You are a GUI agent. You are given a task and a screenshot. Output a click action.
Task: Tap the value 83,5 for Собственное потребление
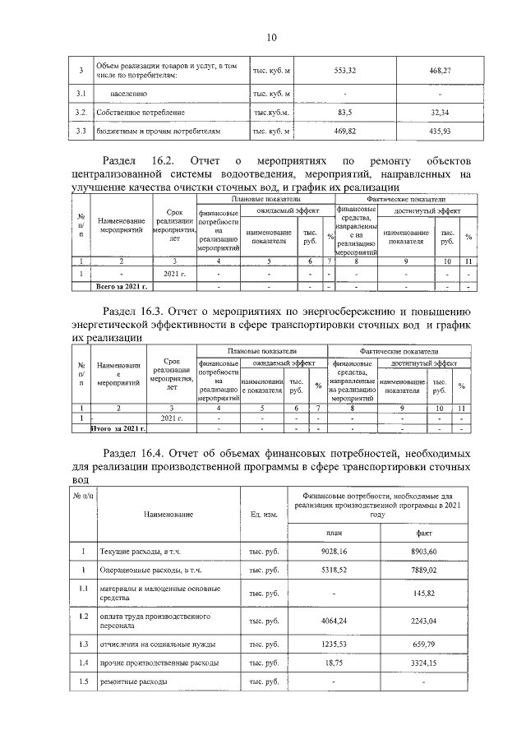(345, 112)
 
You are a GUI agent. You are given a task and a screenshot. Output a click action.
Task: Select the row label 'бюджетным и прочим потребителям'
(159, 131)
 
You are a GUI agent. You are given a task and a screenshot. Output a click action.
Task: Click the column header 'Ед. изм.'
(264, 514)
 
